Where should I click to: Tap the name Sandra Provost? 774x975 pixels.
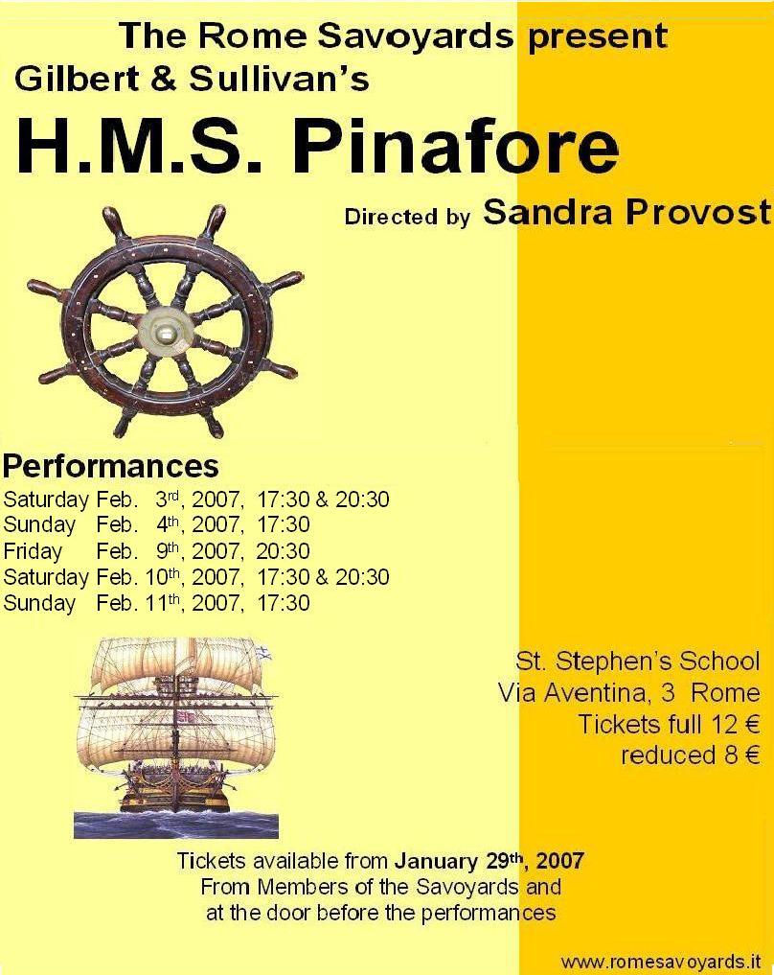pyautogui.click(x=627, y=212)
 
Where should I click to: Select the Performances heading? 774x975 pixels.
pyautogui.click(x=111, y=466)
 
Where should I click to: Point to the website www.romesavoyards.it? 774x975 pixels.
pyautogui.click(x=661, y=962)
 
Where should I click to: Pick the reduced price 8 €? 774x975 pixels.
pyautogui.click(x=741, y=755)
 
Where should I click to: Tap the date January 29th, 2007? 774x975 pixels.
pyautogui.click(x=489, y=861)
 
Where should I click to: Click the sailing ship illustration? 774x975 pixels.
pyautogui.click(x=176, y=738)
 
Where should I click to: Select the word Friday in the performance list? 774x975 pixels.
pyautogui.click(x=33, y=551)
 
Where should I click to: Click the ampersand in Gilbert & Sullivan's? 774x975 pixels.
pyautogui.click(x=164, y=80)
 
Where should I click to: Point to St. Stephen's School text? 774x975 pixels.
pyautogui.click(x=638, y=661)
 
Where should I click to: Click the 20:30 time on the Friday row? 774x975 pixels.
pyautogui.click(x=284, y=551)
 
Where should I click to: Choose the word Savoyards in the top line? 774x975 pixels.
pyautogui.click(x=416, y=36)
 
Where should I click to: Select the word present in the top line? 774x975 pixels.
pyautogui.click(x=598, y=36)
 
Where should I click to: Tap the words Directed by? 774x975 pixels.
pyautogui.click(x=407, y=217)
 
